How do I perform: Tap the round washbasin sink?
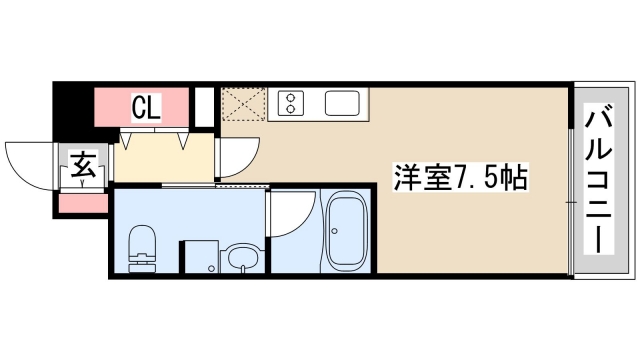(x=241, y=258)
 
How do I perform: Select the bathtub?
(x=349, y=233)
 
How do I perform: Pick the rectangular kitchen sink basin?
(x=342, y=104)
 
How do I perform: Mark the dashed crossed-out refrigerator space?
(x=242, y=104)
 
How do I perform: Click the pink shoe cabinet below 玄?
(x=83, y=203)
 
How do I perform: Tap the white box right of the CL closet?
(x=204, y=106)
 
